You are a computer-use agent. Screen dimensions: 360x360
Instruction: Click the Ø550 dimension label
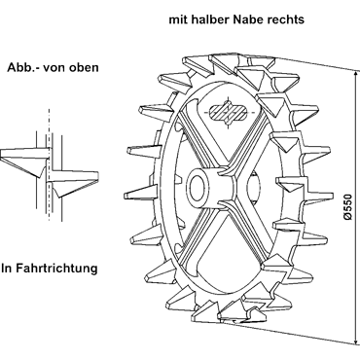(x=347, y=207)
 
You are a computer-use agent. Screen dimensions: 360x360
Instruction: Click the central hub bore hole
(x=197, y=188)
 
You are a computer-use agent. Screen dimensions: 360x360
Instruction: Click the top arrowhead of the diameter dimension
(x=355, y=73)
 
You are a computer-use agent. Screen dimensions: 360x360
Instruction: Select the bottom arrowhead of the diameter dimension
(x=355, y=341)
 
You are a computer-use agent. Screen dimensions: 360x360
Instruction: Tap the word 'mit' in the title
(x=178, y=19)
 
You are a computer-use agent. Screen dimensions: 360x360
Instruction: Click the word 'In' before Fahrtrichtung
(x=7, y=269)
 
